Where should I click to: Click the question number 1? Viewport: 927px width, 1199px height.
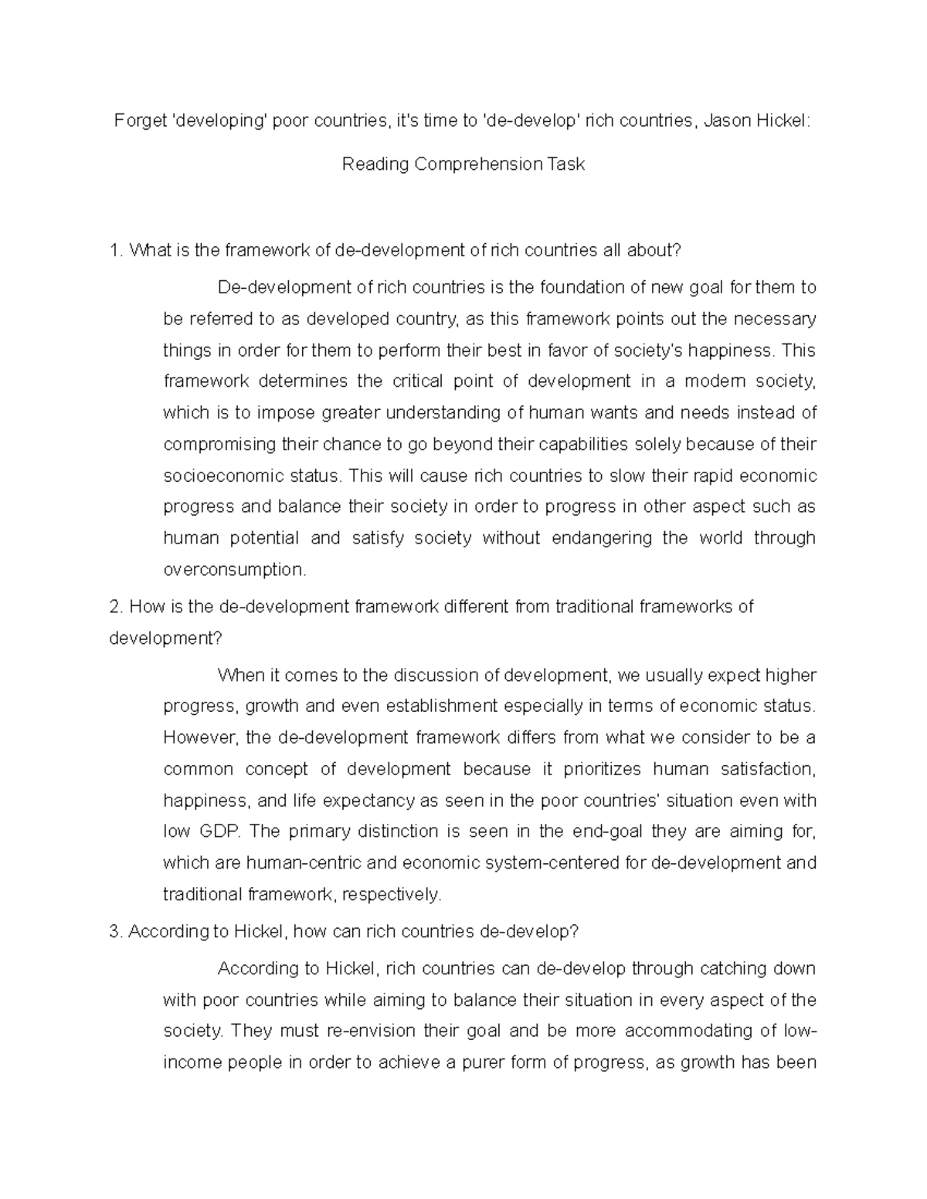click(x=116, y=250)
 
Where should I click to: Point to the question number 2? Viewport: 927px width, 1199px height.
click(x=116, y=607)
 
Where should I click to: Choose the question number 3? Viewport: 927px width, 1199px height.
click(x=116, y=932)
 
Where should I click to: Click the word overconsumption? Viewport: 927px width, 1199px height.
click(x=234, y=570)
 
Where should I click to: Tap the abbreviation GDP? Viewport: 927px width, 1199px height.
click(x=220, y=832)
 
